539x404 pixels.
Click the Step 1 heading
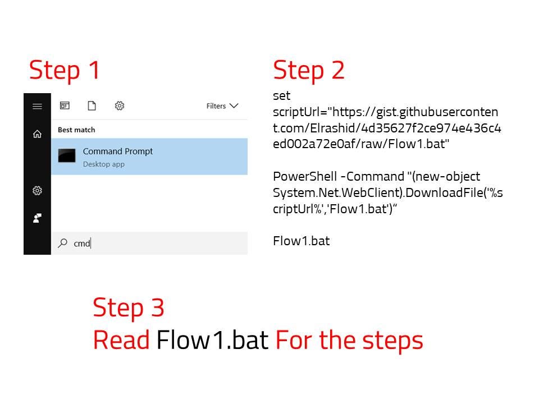tap(65, 71)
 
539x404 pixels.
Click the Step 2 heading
tap(309, 71)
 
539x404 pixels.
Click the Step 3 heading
tap(129, 308)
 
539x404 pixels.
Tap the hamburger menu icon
tap(37, 107)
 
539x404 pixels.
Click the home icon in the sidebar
tap(37, 134)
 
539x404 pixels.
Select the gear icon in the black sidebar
tap(37, 191)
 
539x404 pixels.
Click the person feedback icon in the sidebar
tap(37, 218)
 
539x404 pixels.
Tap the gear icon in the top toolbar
tap(119, 106)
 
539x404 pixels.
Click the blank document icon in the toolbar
tap(92, 106)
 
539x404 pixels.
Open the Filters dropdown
tap(222, 106)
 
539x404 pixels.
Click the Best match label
tap(76, 130)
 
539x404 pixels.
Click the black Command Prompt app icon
tap(67, 155)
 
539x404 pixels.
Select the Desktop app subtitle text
tap(103, 164)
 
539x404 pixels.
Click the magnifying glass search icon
tap(62, 243)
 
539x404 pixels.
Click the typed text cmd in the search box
tap(82, 244)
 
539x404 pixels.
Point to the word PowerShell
tap(304, 177)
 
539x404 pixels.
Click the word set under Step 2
tap(281, 96)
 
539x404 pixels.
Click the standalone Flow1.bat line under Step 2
tap(301, 241)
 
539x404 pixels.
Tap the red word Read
tap(121, 340)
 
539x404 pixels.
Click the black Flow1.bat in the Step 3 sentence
tap(212, 340)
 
